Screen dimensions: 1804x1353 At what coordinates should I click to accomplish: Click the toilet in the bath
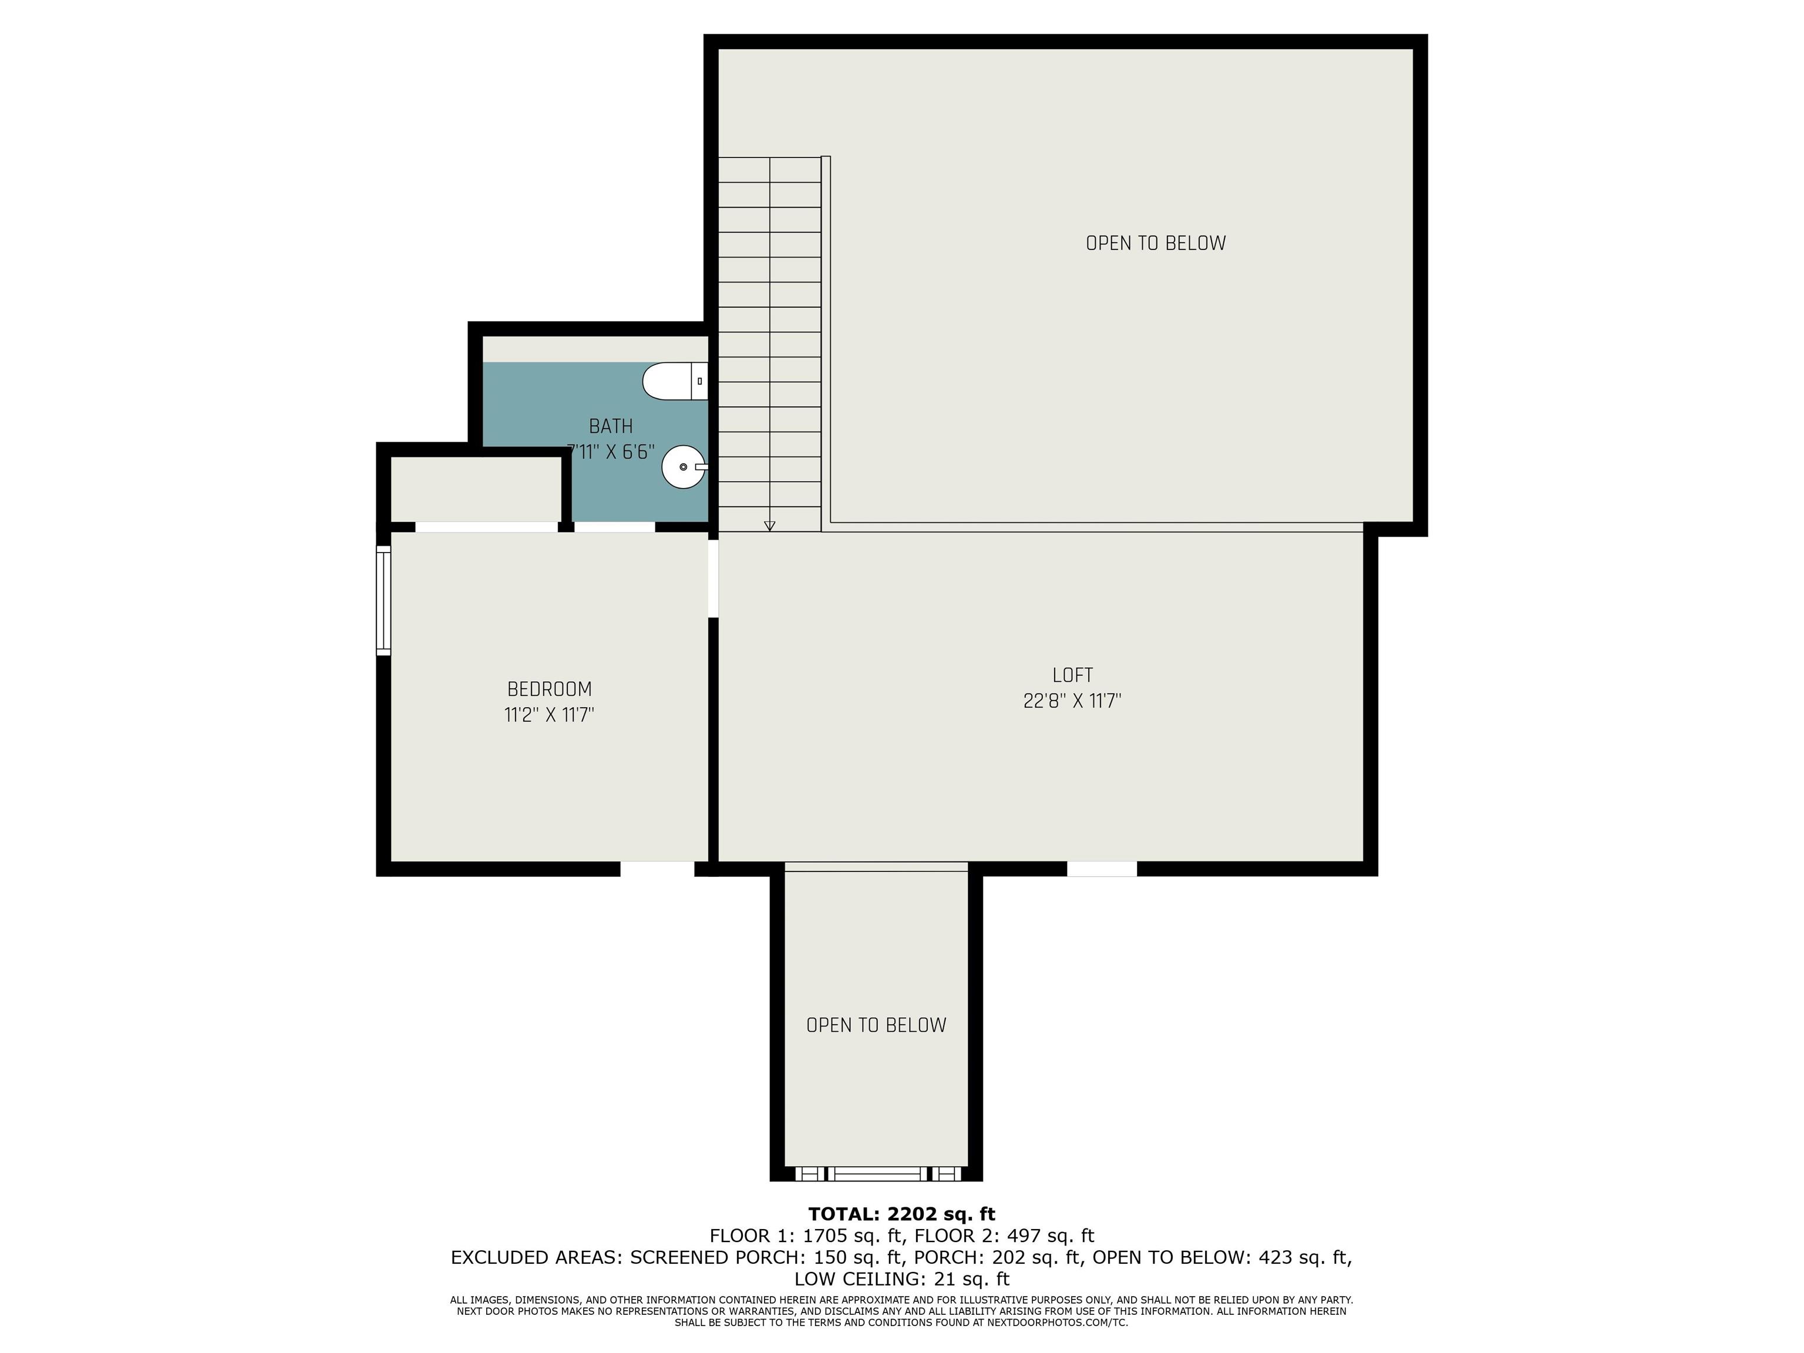(675, 382)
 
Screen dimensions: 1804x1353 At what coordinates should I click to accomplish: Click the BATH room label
(611, 426)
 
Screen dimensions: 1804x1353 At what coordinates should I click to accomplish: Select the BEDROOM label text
(549, 689)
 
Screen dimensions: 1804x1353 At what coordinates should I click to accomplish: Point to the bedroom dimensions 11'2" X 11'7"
(549, 715)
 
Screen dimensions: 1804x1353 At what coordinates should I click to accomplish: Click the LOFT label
(1072, 675)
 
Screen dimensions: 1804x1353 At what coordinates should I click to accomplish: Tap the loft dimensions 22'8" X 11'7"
(1072, 701)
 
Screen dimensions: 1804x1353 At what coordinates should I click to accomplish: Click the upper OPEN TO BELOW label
(1156, 243)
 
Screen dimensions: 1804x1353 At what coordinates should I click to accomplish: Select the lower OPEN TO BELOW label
(876, 1025)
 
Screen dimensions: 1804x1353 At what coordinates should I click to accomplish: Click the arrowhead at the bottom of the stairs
(770, 526)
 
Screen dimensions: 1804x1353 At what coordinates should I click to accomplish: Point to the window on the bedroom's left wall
(383, 600)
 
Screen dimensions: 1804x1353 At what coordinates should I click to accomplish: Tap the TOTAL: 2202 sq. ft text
(902, 1214)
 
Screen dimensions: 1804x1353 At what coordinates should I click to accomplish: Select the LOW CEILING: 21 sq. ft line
(902, 1279)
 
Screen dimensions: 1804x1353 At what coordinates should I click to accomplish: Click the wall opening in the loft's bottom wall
(1102, 869)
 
